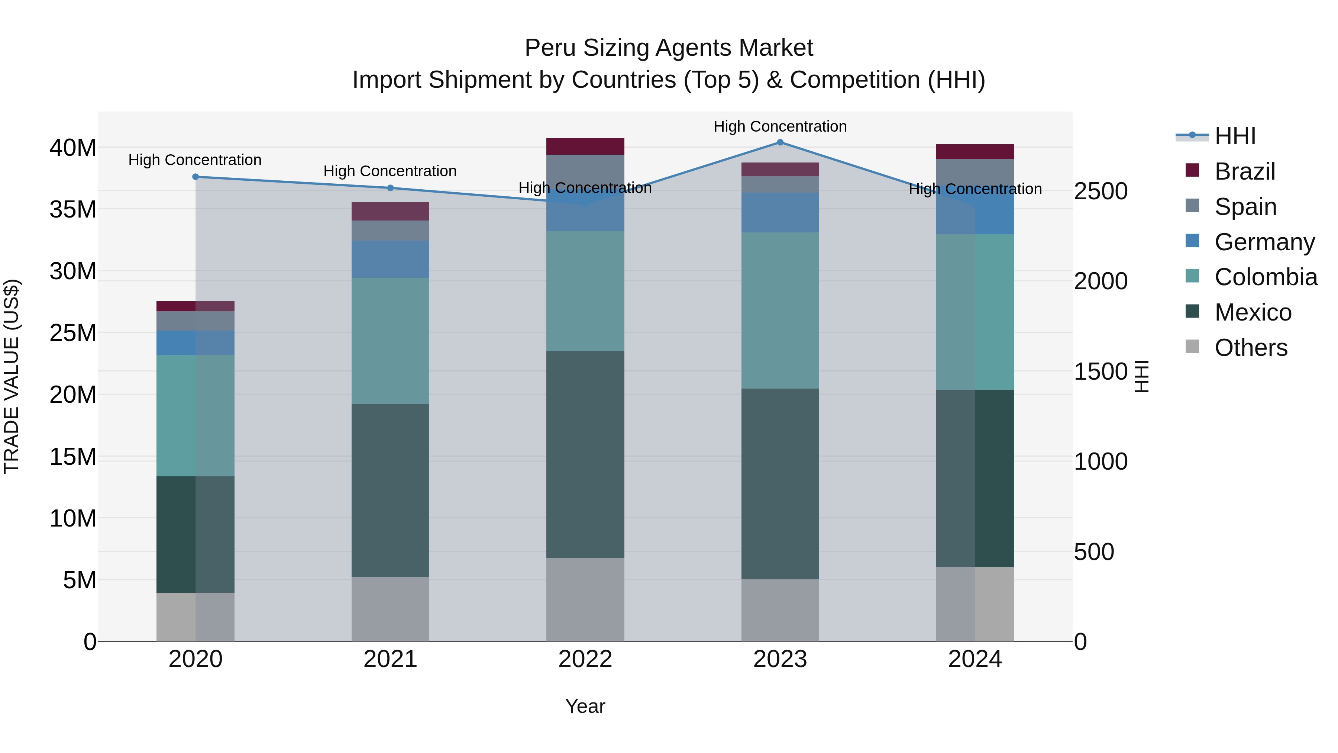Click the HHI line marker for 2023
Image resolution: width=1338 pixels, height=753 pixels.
780,142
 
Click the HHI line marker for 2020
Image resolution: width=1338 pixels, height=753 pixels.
195,177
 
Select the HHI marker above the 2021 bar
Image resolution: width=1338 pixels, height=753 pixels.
390,188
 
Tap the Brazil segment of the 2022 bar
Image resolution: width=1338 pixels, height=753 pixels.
585,147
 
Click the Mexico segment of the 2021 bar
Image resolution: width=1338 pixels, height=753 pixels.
390,490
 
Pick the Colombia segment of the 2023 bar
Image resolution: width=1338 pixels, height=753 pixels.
780,310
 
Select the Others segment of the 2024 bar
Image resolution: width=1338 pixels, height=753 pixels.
975,604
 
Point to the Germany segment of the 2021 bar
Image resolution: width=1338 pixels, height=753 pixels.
390,259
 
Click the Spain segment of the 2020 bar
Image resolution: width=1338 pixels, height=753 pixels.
195,321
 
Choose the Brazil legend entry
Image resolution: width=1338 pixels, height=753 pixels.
1244,171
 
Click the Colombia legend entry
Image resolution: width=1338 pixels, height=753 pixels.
1265,277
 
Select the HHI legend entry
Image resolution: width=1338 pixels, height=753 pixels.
1235,136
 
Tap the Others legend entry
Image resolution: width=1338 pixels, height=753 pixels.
1250,348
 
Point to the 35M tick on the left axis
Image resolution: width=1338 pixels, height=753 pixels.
73,209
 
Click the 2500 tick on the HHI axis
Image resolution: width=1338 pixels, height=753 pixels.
1101,191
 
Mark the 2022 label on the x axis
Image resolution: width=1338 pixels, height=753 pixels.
585,659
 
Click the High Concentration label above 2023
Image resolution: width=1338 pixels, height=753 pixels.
780,126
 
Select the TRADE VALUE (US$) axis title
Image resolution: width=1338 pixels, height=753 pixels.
12,376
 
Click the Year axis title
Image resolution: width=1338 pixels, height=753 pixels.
585,706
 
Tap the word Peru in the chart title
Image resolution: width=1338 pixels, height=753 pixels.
550,48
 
